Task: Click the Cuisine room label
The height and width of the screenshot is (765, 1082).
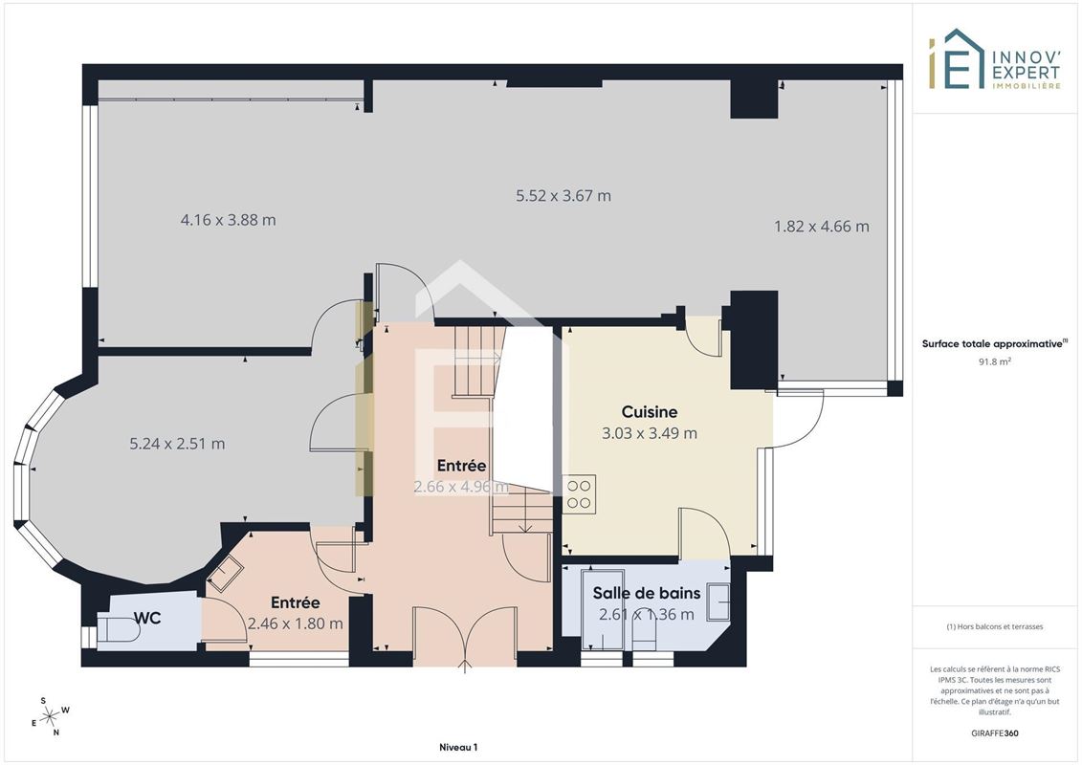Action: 650,412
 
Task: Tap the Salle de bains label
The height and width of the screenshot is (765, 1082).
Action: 647,593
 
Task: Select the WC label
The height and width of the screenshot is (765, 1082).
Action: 147,618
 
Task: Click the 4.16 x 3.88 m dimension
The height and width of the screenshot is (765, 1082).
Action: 228,220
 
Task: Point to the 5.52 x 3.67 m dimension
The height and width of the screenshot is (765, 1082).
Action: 563,196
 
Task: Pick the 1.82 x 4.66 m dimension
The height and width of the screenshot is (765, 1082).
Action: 821,227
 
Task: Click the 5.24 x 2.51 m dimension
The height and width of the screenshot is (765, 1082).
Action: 177,444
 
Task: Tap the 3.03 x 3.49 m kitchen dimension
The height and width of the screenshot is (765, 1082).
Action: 650,433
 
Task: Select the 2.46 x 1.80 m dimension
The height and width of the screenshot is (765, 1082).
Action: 296,623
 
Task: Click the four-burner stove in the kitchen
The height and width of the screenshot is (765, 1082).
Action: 579,493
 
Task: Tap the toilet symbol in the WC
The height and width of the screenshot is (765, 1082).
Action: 118,630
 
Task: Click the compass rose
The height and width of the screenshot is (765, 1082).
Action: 49,717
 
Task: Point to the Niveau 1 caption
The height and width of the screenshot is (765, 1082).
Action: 458,747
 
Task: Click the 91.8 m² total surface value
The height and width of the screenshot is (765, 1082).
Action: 994,361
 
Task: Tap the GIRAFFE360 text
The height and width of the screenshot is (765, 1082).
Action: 994,733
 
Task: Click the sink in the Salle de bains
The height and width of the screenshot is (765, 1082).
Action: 718,601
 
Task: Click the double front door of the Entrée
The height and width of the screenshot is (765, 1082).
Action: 464,637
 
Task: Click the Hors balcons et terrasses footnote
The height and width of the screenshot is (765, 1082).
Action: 994,627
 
